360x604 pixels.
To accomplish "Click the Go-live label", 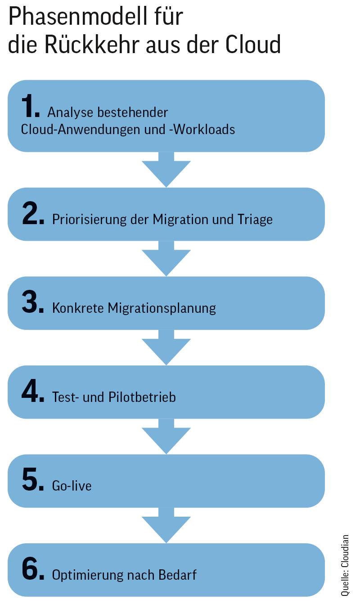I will [x=72, y=486].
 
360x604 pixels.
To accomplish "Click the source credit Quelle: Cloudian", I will [x=345, y=565].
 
